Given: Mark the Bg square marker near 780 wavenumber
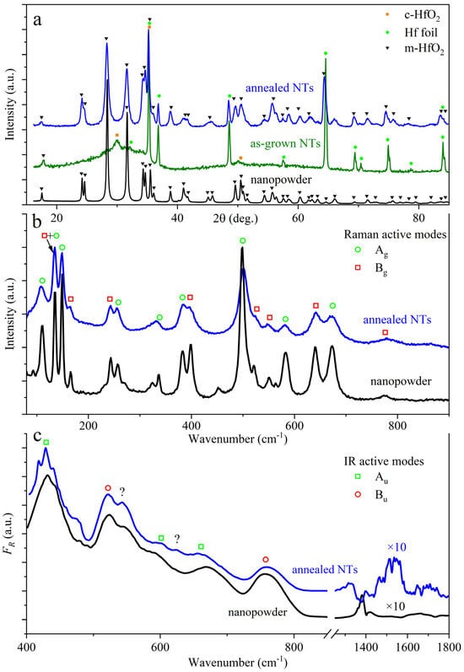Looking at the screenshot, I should click(x=386, y=333).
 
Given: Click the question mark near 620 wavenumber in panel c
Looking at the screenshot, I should click(x=176, y=538).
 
